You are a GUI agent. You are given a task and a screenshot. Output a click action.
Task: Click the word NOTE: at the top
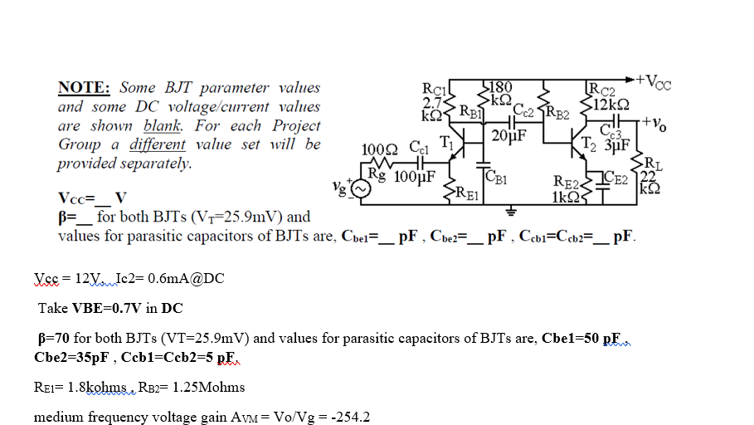[84, 88]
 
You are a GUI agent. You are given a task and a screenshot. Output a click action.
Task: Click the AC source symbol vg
[359, 190]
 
